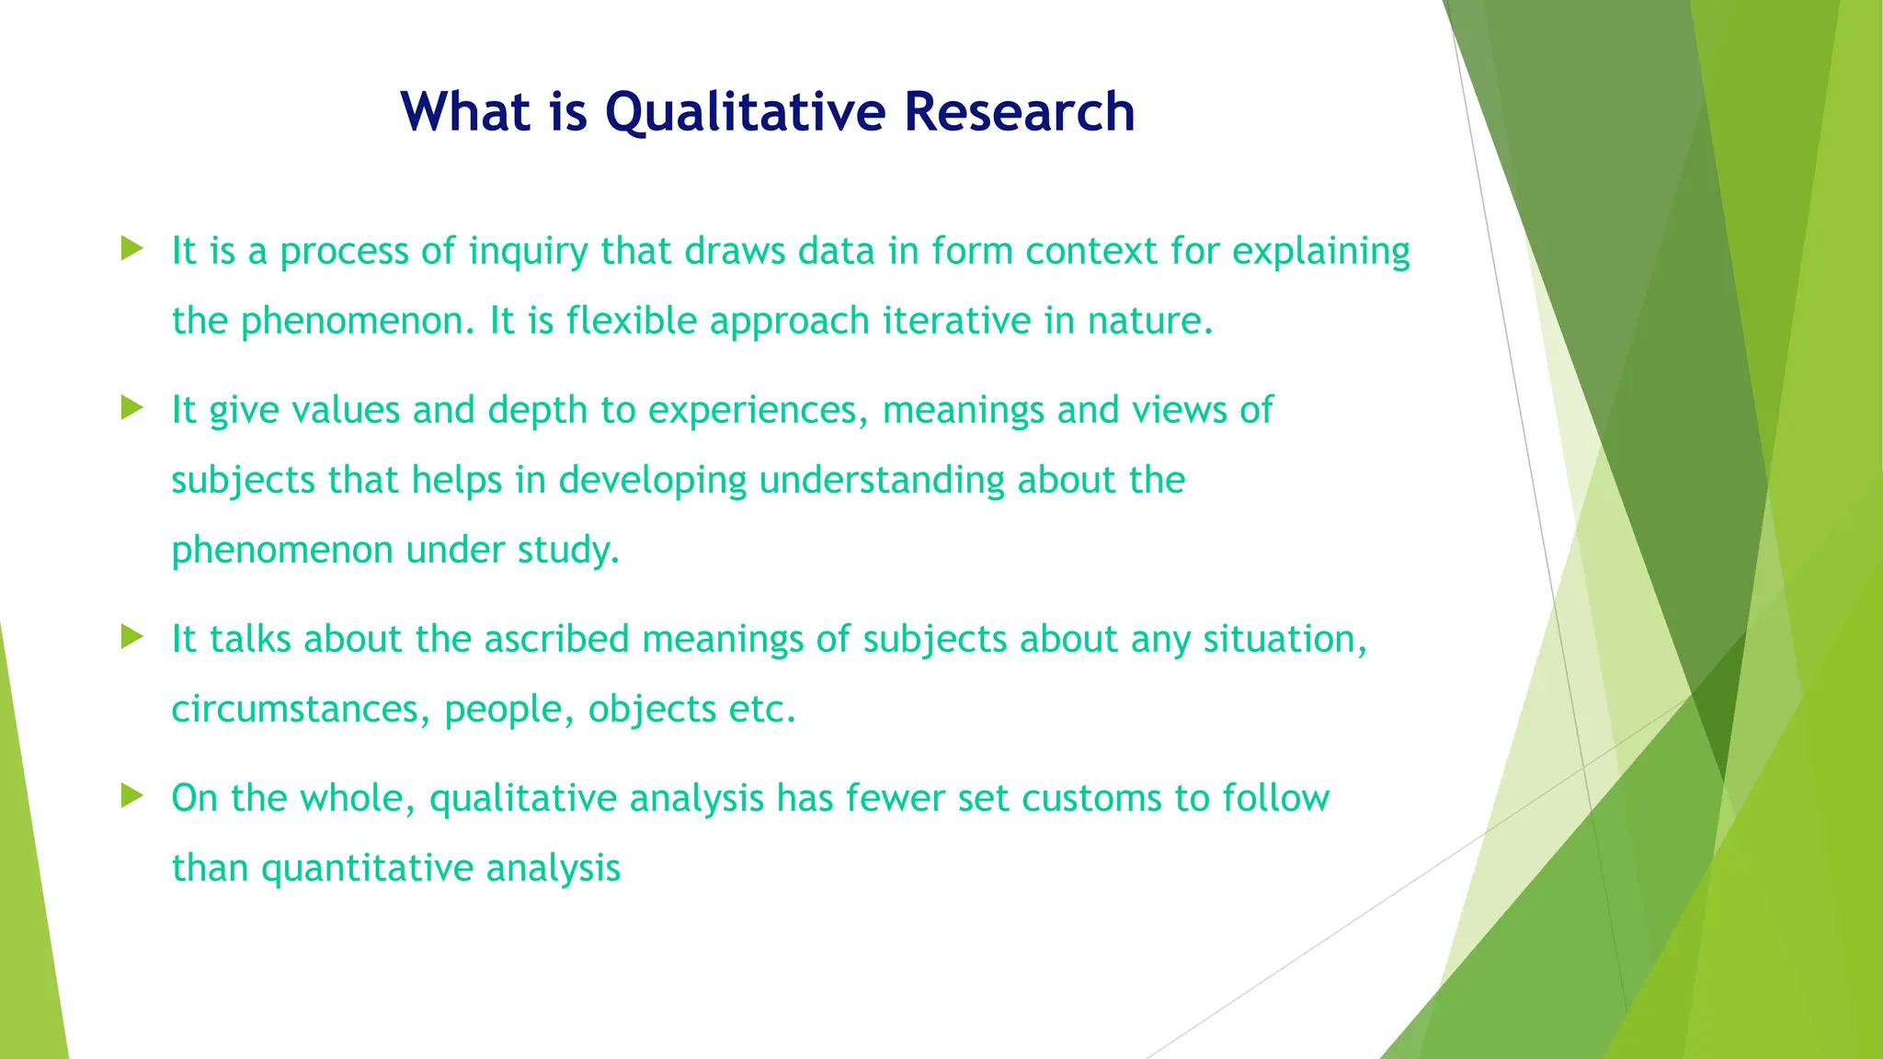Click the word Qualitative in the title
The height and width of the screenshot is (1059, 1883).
click(745, 112)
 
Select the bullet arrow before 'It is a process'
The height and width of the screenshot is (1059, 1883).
click(132, 248)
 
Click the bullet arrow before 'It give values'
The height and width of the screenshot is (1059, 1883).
click(132, 407)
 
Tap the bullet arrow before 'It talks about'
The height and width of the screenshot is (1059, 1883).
click(132, 636)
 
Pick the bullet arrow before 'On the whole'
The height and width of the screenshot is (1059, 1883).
click(132, 795)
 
